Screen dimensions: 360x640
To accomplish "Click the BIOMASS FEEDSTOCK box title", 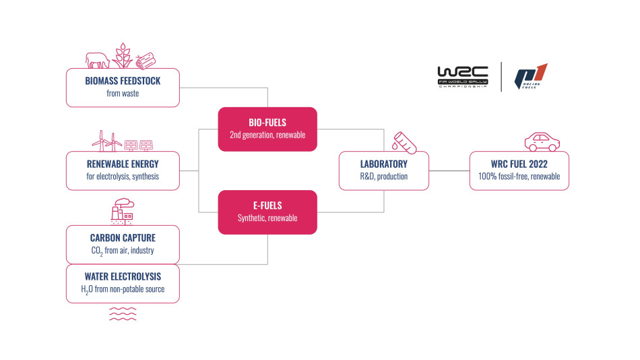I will click(123, 81).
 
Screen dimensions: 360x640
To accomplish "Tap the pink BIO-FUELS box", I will click(267, 129).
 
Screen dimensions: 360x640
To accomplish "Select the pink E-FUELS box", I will click(267, 212).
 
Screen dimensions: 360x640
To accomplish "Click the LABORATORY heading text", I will click(383, 164).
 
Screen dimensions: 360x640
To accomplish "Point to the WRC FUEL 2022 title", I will click(519, 164).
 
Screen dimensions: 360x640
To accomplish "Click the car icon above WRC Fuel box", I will click(542, 142).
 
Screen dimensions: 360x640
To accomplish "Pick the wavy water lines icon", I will click(123, 312).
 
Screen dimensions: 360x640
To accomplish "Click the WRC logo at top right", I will click(462, 77).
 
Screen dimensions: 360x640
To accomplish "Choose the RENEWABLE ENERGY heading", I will click(123, 164).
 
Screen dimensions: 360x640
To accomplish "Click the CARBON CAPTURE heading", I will click(123, 238).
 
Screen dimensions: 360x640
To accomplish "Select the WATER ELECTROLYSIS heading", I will click(123, 276).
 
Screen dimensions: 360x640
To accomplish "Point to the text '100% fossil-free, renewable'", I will click(519, 177).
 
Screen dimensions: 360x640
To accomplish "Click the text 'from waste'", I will click(123, 93).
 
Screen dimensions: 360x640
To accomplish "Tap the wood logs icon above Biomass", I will click(146, 60).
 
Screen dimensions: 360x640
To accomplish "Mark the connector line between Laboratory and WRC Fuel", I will click(449, 171).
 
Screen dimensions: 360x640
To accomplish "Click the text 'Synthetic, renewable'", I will click(267, 218).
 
